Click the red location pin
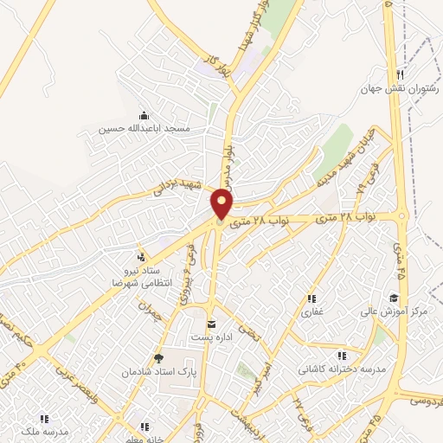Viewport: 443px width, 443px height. pos(223,203)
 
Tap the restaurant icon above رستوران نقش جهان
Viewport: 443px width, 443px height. pos(399,74)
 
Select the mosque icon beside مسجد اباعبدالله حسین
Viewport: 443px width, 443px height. pos(144,115)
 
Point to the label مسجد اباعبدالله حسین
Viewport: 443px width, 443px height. pos(144,128)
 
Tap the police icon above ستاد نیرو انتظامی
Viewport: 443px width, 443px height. pos(140,256)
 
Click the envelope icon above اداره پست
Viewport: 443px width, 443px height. pos(210,324)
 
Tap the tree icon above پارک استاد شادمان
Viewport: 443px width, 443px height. pos(157,356)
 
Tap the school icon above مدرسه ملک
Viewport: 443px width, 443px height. pos(44,420)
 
